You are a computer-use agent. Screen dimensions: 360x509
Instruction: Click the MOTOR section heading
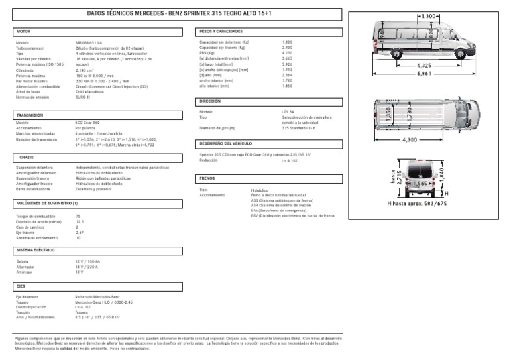(x=23, y=31)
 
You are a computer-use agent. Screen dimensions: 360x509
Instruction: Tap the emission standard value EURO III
(x=83, y=97)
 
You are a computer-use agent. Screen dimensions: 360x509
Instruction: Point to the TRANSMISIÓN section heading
(x=30, y=115)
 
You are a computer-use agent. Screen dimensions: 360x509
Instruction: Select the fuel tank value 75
(x=78, y=217)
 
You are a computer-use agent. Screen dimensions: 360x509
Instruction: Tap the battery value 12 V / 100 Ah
(x=87, y=262)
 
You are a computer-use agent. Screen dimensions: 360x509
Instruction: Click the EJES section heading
(x=21, y=286)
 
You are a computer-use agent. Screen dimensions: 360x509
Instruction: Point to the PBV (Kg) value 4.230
(x=287, y=52)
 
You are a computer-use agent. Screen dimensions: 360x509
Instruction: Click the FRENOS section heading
(x=207, y=178)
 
